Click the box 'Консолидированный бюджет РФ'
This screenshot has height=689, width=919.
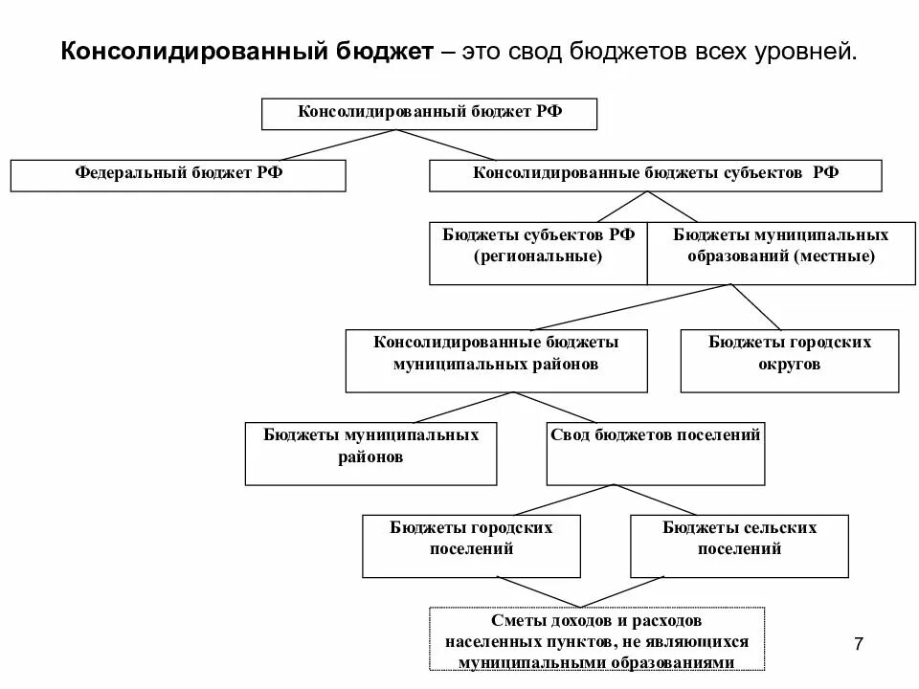click(429, 113)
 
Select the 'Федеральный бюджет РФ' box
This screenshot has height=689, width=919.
click(178, 175)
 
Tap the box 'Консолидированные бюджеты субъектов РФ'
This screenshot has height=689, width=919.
click(656, 175)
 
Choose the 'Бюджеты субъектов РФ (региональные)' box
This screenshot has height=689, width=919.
click(538, 255)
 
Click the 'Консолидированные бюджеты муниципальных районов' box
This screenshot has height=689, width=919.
click(496, 360)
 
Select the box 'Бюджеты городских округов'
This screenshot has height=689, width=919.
click(790, 360)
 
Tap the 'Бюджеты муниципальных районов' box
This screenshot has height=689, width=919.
click(371, 453)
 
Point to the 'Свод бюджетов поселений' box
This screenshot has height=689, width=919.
click(656, 453)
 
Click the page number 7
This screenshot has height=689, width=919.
click(858, 645)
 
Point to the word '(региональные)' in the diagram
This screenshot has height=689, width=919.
click(538, 256)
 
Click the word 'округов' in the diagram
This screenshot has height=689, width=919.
click(790, 365)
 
